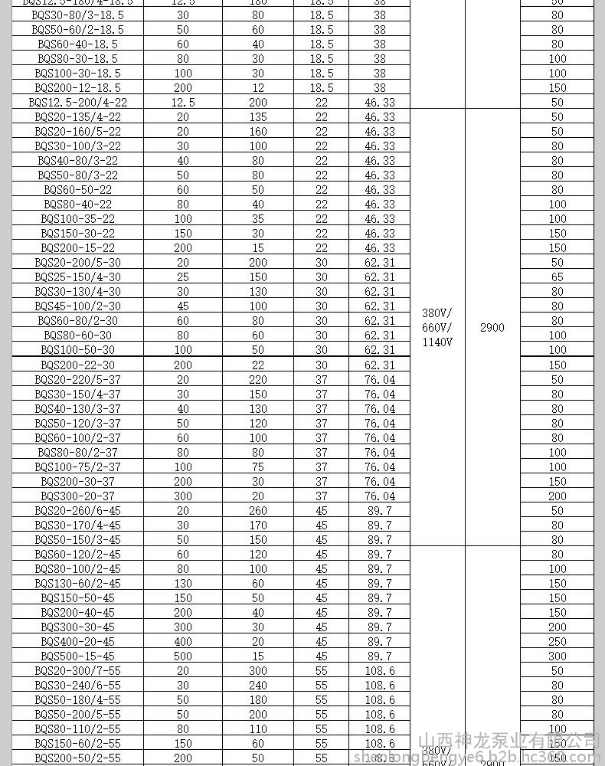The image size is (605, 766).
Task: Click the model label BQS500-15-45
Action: click(x=77, y=656)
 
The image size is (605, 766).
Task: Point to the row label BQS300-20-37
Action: click(x=77, y=496)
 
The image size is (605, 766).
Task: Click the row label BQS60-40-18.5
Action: click(x=77, y=44)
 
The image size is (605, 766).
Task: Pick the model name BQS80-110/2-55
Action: click(x=77, y=729)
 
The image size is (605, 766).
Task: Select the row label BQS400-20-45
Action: click(x=77, y=642)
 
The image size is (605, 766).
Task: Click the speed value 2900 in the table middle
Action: click(x=492, y=328)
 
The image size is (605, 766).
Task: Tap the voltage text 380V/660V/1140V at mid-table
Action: click(x=437, y=328)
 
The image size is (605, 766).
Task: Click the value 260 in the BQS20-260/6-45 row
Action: click(x=258, y=511)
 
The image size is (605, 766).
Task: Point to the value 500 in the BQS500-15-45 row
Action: click(x=183, y=656)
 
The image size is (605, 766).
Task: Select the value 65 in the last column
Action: click(x=558, y=277)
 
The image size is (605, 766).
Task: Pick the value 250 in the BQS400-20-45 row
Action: click(x=558, y=642)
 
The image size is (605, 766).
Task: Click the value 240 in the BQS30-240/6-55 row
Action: click(x=258, y=686)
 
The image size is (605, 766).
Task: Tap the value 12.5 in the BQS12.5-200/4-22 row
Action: click(x=183, y=103)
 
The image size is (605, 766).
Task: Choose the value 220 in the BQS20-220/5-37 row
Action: click(x=258, y=379)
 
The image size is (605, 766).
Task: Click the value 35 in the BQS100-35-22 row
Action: click(x=258, y=219)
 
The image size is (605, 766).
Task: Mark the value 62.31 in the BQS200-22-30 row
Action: click(x=380, y=365)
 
